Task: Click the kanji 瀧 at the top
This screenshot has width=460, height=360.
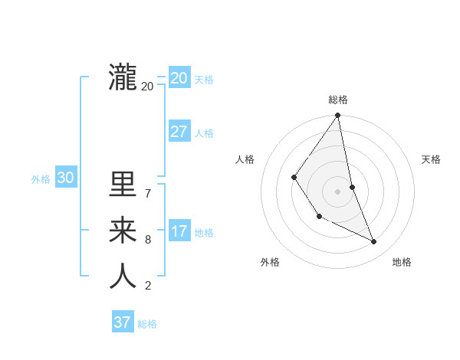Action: click(123, 77)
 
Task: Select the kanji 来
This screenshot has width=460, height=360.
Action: click(123, 230)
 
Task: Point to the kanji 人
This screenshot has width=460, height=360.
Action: click(123, 277)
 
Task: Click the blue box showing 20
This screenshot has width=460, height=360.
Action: click(179, 77)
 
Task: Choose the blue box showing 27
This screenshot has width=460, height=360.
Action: click(179, 131)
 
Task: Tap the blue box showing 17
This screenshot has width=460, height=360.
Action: click(179, 231)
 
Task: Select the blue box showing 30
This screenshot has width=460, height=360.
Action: click(65, 178)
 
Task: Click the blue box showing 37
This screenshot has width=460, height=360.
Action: click(122, 322)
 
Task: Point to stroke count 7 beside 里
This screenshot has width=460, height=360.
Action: click(147, 193)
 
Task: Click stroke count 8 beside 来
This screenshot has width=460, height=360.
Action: click(147, 240)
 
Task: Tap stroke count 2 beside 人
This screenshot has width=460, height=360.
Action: click(147, 286)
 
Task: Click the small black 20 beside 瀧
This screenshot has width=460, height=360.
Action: click(147, 87)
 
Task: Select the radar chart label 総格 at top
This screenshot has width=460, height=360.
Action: click(338, 100)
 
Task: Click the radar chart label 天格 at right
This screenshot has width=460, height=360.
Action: click(431, 159)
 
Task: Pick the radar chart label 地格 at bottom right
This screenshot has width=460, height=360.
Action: click(402, 262)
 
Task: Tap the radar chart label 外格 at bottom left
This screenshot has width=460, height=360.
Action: click(270, 262)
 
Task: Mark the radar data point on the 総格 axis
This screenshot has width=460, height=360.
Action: click(337, 116)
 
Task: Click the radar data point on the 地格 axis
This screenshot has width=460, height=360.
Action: click(374, 242)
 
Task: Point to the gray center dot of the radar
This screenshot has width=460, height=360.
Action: click(337, 191)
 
